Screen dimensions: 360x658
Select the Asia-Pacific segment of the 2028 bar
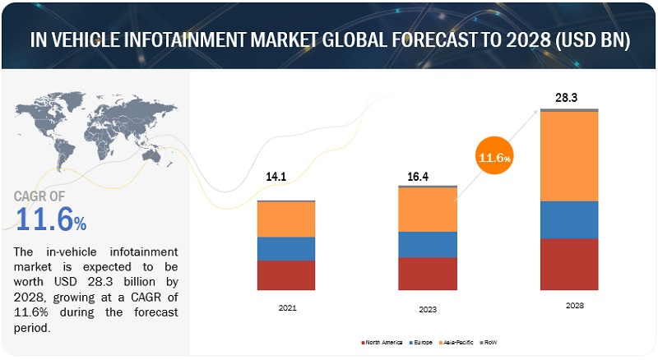(x=569, y=155)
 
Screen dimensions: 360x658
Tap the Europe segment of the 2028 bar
(x=569, y=219)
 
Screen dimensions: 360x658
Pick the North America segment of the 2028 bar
(x=569, y=264)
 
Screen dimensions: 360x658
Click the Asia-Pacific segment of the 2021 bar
(x=285, y=219)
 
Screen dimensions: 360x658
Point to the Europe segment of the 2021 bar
(x=285, y=248)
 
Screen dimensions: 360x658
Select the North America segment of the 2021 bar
(x=285, y=275)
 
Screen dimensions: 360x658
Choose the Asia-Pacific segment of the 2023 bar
(x=427, y=210)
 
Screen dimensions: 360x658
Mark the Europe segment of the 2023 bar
(x=427, y=244)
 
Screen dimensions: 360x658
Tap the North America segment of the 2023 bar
(x=427, y=273)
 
